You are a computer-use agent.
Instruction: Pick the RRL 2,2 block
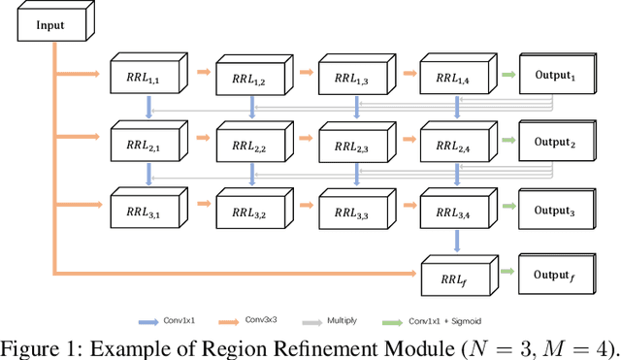[246, 143]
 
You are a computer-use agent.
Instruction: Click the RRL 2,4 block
[451, 143]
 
